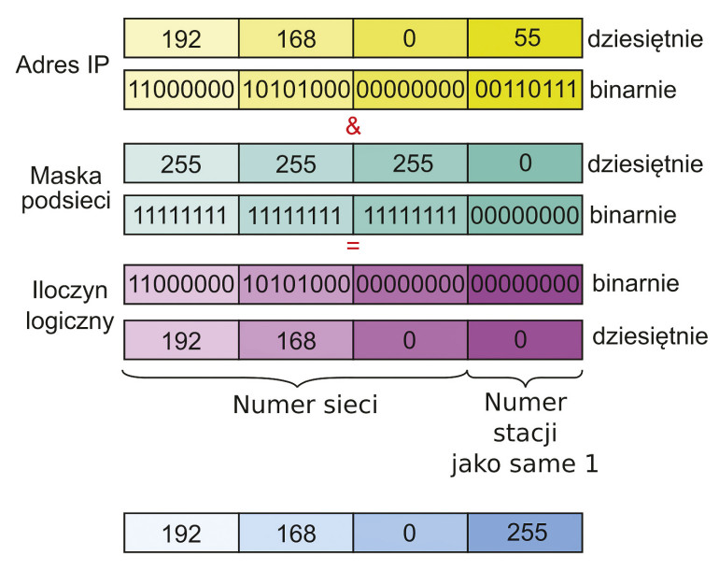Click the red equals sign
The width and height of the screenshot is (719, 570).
tap(352, 248)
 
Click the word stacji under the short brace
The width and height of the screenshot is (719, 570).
tap(525, 434)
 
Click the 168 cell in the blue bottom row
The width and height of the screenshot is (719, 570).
tap(295, 534)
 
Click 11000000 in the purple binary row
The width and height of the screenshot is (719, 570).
tap(181, 283)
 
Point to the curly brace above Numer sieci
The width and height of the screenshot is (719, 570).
tap(295, 378)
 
